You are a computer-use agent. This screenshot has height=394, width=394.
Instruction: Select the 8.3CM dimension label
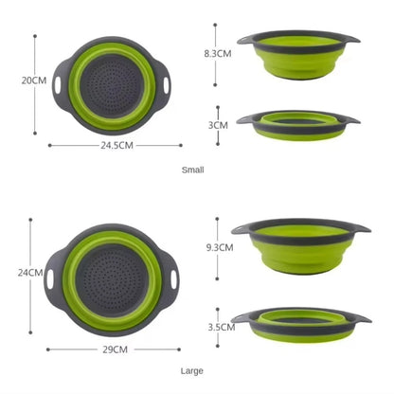[x=218, y=54]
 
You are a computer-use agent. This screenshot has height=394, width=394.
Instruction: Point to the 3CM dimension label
[x=218, y=124]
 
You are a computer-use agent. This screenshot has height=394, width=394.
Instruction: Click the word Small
[x=192, y=170]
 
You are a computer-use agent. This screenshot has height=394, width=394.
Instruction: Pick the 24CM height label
[x=32, y=273]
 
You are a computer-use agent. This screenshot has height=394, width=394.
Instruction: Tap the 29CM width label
[x=115, y=349]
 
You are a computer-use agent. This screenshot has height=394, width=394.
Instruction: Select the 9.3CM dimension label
[x=219, y=246]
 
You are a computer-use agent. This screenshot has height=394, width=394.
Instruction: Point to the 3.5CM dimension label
[x=221, y=327]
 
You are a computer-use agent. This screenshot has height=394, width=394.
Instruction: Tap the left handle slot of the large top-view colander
[x=51, y=281]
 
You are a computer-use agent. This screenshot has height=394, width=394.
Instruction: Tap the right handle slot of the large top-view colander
[x=175, y=280]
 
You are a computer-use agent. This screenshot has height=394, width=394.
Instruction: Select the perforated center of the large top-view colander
[x=114, y=279]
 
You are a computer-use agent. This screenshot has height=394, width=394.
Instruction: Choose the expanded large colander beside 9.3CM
[x=300, y=246]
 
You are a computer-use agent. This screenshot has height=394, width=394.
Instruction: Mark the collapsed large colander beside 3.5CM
[x=300, y=325]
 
